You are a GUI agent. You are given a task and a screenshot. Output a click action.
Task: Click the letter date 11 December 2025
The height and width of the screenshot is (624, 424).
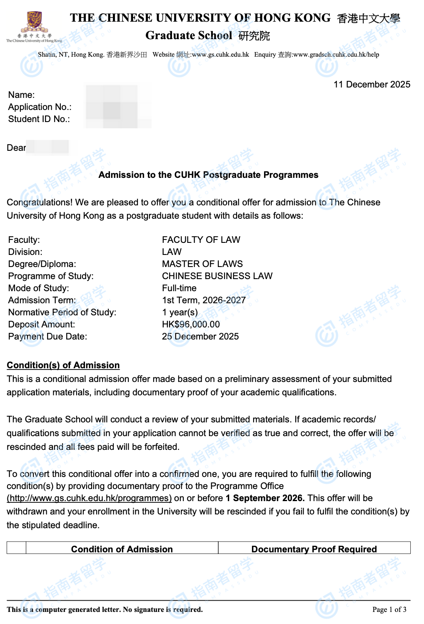tap(372, 85)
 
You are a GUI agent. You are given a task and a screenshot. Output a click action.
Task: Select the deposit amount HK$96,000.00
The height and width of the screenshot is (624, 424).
tap(191, 324)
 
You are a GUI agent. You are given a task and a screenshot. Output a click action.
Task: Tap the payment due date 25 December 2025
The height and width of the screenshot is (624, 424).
tap(200, 337)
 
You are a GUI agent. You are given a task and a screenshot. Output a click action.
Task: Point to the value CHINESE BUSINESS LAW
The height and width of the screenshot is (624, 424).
tap(217, 276)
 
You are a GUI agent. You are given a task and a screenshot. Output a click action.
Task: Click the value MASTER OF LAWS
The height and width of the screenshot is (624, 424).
tap(202, 264)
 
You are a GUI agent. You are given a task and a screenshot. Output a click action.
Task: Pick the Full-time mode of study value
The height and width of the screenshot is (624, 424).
tap(179, 288)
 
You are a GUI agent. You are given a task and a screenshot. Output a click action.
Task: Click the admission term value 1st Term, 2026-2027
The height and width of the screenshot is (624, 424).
tap(204, 300)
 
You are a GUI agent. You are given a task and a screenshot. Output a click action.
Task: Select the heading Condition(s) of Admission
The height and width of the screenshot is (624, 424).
tap(63, 365)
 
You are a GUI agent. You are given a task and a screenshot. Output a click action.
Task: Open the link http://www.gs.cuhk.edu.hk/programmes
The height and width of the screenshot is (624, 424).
tap(89, 498)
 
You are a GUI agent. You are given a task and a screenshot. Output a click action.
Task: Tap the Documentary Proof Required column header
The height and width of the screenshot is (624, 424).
tap(314, 549)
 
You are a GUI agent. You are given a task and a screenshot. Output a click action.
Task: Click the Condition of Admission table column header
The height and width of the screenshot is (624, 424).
tap(122, 549)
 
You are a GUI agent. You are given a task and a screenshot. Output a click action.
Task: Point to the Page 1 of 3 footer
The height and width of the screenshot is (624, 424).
tap(389, 610)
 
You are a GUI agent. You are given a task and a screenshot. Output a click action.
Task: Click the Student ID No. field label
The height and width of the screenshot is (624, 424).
tap(39, 119)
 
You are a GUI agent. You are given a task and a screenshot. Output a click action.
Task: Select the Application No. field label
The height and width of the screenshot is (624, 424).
tap(40, 107)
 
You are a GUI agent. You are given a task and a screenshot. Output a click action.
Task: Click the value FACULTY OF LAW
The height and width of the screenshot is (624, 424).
tap(201, 240)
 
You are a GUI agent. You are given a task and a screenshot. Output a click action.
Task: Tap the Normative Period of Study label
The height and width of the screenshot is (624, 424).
tap(62, 312)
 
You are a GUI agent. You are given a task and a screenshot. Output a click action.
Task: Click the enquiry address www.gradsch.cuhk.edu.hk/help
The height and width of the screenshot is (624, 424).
tap(336, 55)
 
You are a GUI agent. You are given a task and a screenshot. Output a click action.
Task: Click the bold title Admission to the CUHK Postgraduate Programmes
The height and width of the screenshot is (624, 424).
tap(208, 175)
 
